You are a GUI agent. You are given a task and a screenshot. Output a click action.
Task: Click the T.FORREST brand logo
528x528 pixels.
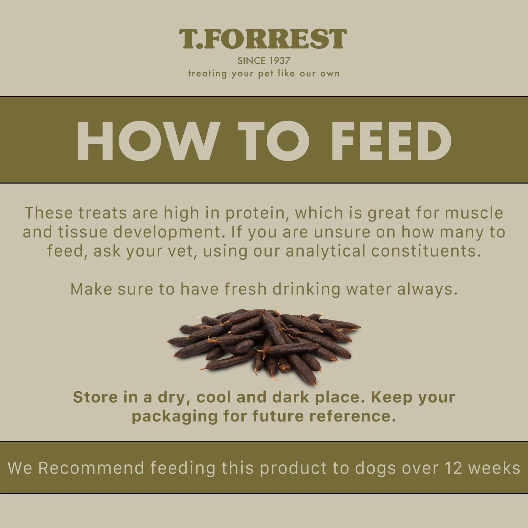pos(263,39)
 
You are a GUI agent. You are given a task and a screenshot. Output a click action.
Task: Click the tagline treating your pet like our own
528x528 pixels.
pos(264,74)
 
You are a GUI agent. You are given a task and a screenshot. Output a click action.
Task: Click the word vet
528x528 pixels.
pos(183,252)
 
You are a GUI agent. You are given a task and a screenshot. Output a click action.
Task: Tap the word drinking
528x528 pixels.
pos(306,290)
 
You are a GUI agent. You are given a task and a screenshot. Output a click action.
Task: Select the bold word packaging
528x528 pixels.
pos(175,417)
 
